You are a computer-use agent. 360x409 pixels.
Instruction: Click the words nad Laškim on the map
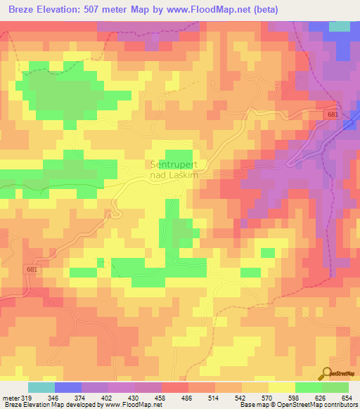pos(176,175)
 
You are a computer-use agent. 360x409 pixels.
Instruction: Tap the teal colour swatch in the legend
pos(41,387)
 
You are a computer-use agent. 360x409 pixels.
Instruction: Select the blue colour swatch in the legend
pos(68,387)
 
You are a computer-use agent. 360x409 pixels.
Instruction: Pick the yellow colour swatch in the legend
pos(282,387)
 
